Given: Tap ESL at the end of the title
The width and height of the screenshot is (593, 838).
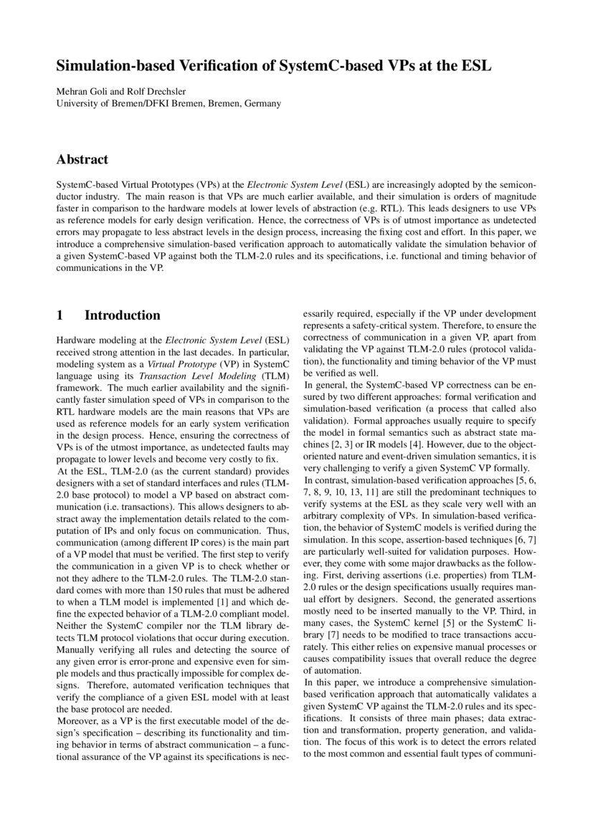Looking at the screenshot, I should point(475,67).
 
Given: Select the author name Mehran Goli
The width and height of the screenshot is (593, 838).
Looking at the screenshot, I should point(80,91).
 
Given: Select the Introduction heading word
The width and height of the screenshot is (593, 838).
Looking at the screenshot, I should point(123,315).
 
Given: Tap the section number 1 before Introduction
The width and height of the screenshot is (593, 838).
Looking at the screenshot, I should point(60,315).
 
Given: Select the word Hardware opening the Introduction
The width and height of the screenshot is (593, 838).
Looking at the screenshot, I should point(76,339).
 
